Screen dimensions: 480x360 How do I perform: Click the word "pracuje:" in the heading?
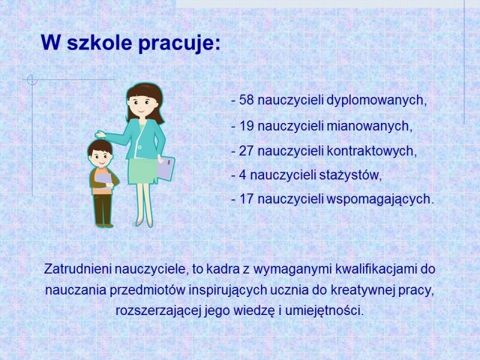[179, 43]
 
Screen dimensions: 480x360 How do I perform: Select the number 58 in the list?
[247, 100]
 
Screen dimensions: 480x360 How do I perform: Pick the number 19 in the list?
[247, 126]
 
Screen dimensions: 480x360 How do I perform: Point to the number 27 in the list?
[247, 151]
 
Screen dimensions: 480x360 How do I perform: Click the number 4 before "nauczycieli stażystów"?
[242, 175]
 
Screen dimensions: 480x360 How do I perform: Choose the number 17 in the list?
[247, 199]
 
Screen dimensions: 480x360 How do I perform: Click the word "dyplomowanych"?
[376, 100]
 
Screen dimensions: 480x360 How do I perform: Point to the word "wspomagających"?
[379, 200]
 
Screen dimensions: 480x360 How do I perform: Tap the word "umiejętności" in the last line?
[323, 311]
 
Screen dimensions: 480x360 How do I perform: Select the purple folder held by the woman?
[166, 168]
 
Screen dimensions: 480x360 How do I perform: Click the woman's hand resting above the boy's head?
[100, 134]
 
